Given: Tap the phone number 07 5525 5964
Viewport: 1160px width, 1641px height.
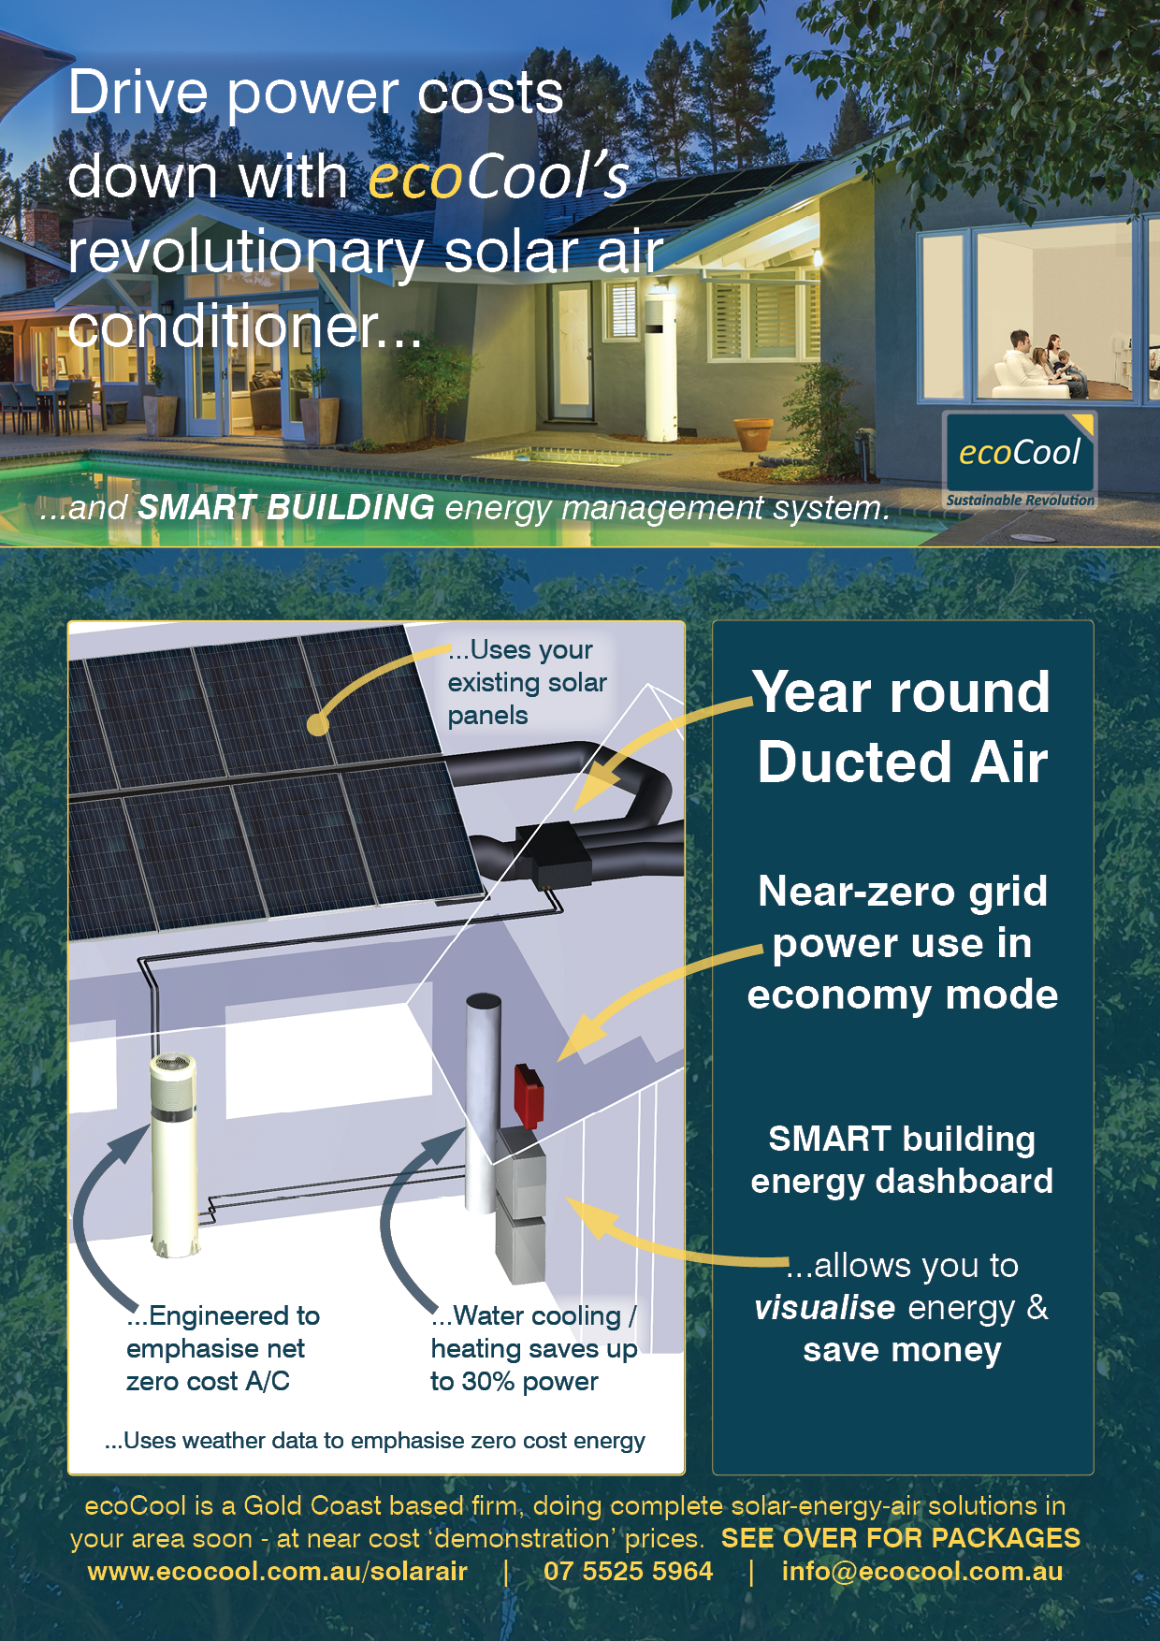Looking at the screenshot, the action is [x=628, y=1571].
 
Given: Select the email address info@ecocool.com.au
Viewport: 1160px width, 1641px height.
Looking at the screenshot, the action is [x=922, y=1571].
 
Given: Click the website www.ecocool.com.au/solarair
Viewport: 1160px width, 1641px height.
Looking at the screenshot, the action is [x=278, y=1571].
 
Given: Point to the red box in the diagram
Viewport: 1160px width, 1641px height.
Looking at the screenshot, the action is [x=529, y=1096].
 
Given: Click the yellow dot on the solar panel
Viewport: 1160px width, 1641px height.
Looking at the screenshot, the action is [x=318, y=724].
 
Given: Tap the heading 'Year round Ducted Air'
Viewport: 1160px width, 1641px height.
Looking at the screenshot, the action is [x=903, y=727].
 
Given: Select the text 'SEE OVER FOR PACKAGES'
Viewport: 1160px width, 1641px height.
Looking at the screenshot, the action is [x=901, y=1538].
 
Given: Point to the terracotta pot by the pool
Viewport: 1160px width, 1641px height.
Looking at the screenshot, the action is [x=754, y=435].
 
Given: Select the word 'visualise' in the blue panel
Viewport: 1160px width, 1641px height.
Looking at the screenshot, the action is [x=825, y=1307].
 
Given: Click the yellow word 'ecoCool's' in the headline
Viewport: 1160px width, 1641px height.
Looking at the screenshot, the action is [x=499, y=177].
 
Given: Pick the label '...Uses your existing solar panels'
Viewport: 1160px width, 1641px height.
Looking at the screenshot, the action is [x=528, y=682].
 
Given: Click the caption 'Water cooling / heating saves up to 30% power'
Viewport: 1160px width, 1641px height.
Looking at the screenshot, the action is [x=534, y=1348].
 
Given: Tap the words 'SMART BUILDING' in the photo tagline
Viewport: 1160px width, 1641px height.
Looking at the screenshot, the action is [x=286, y=507].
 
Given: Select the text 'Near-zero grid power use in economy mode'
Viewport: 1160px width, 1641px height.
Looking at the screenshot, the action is [x=903, y=943].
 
